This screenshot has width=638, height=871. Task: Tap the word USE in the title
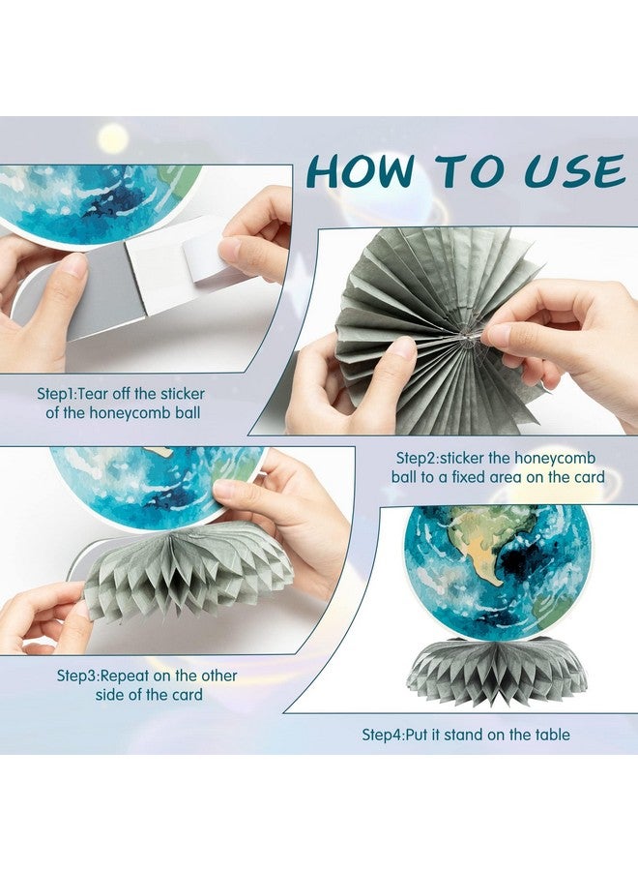click(x=573, y=170)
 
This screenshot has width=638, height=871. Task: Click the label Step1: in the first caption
click(x=58, y=395)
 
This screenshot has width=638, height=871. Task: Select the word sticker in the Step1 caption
click(x=183, y=394)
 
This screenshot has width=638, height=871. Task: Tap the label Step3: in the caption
click(x=78, y=676)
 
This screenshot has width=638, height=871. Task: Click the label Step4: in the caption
click(x=384, y=735)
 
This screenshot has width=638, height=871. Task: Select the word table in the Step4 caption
click(x=553, y=735)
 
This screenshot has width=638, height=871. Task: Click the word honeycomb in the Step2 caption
click(x=554, y=459)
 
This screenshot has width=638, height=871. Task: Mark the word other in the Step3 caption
click(x=219, y=676)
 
